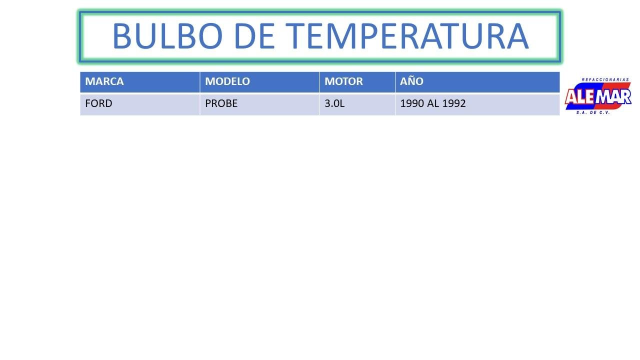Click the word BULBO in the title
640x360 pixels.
point(167,36)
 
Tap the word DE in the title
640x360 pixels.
point(254,36)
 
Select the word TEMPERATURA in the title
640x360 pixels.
point(407,36)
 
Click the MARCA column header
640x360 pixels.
point(104,81)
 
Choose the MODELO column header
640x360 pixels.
point(227,81)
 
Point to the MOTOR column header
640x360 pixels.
point(343,81)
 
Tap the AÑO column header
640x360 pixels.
point(411,81)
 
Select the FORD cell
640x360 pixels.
point(98,103)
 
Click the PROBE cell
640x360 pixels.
point(221,103)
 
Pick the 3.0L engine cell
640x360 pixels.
point(334,103)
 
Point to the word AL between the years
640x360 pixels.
point(433,103)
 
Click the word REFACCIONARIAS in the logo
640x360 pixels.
point(605,79)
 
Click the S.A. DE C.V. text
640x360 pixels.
point(593,112)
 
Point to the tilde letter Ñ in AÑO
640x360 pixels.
point(411,80)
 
